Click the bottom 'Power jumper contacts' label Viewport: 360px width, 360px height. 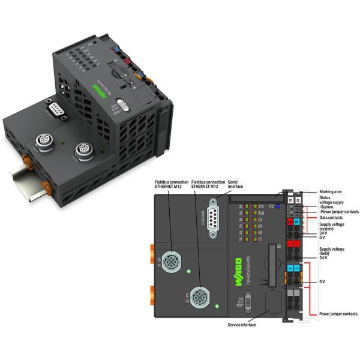click(338, 313)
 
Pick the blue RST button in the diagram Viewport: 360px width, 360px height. click(279, 206)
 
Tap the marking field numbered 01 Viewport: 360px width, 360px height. click(290, 199)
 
